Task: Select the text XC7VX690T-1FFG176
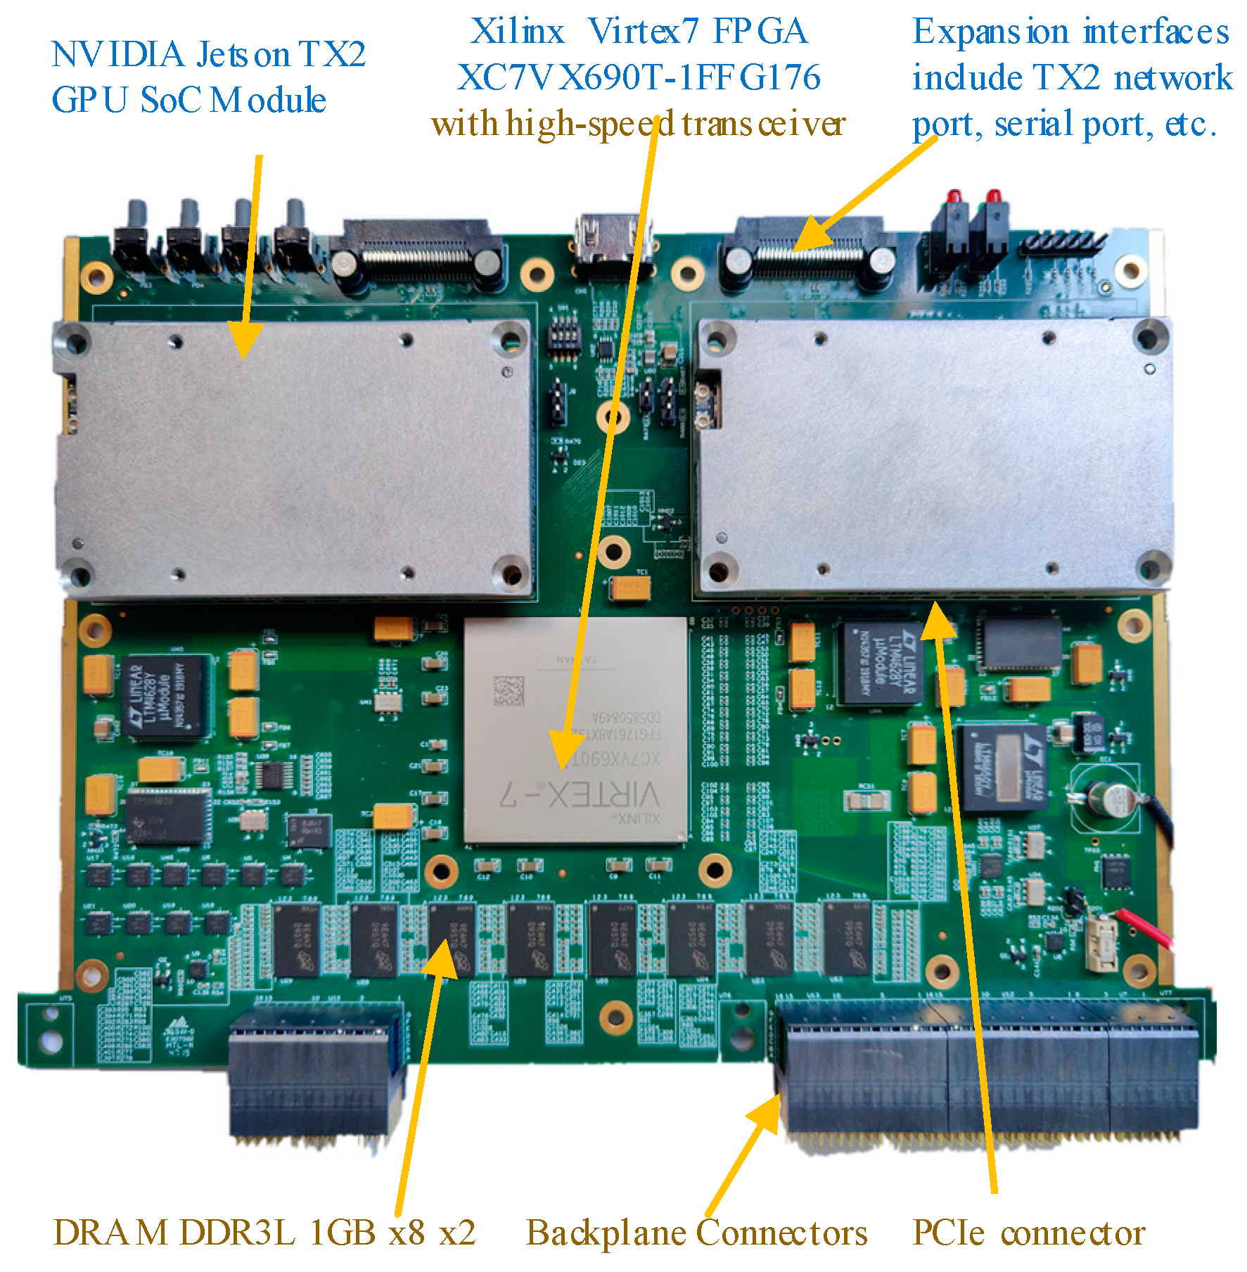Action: [638, 77]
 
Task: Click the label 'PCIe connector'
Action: [1028, 1233]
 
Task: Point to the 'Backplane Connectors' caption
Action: [696, 1233]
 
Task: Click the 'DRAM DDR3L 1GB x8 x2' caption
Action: [264, 1233]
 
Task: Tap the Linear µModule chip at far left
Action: [167, 697]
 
